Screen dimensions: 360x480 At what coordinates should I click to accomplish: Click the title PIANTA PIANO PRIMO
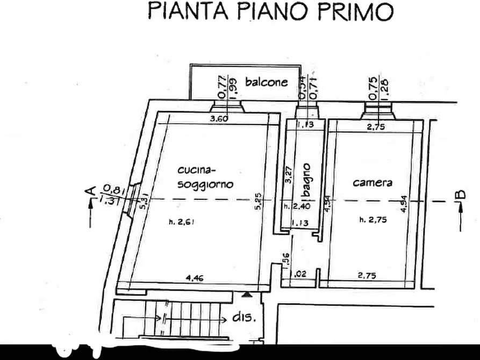pos(270,11)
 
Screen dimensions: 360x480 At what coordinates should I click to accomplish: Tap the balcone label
pos(267,82)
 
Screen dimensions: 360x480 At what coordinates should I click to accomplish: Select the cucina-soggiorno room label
pos(205,177)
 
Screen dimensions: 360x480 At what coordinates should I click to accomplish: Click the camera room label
pos(372,183)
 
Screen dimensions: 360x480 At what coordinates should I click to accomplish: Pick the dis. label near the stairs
pos(245,317)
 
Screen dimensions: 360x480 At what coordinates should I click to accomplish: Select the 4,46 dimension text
pos(194,277)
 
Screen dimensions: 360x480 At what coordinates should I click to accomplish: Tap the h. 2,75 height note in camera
pos(374,219)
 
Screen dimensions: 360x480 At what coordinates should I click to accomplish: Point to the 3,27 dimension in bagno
pos(289,176)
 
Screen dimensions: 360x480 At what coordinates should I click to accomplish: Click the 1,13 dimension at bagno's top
pos(305,125)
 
